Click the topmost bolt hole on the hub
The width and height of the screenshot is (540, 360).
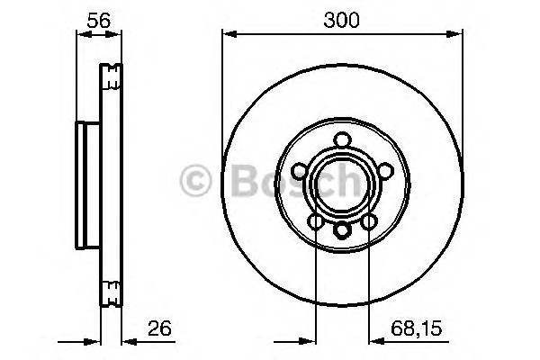tap(343, 141)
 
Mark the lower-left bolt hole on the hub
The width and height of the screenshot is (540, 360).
tap(316, 220)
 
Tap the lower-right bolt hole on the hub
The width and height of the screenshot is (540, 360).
tap(370, 220)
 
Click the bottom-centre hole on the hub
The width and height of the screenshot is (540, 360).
tap(343, 230)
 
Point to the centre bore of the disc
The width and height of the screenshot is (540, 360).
tap(343, 184)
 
